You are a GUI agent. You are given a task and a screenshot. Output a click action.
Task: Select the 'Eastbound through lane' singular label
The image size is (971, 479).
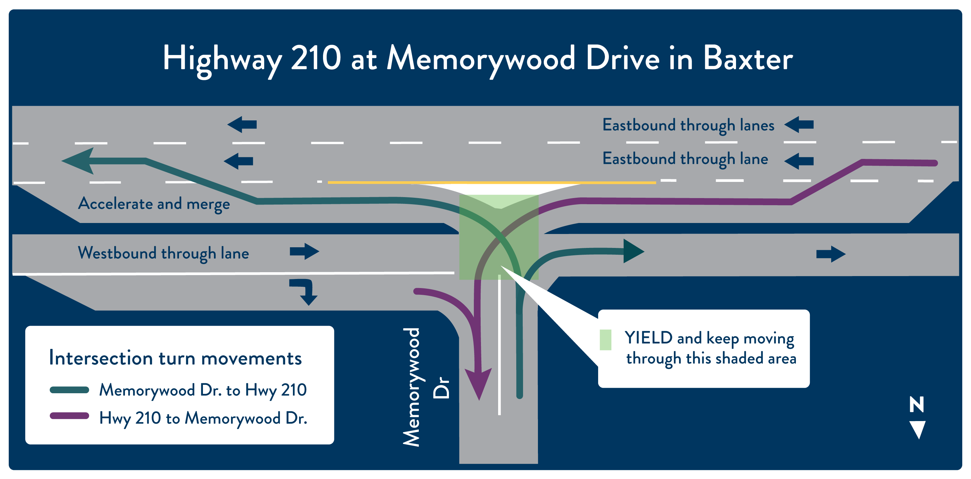tap(685, 159)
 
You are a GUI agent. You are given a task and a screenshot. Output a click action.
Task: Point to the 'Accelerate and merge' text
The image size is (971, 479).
tap(154, 204)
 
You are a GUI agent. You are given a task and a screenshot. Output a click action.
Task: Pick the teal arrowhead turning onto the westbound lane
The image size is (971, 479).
tap(634, 251)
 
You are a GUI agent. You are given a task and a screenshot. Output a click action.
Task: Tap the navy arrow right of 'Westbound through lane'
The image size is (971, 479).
tap(304, 251)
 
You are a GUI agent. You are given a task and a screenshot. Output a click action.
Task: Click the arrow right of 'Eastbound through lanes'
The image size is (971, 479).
tap(799, 124)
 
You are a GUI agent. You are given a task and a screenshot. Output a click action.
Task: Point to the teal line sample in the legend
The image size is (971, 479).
tap(69, 390)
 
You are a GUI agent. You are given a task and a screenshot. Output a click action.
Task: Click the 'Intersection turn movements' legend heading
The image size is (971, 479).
tap(175, 358)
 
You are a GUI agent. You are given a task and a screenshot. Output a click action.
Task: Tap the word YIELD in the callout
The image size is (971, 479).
tap(648, 338)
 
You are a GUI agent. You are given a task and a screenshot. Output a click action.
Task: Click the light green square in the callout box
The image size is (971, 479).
tap(605, 340)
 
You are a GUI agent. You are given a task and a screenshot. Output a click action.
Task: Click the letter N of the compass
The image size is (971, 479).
tap(917, 404)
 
